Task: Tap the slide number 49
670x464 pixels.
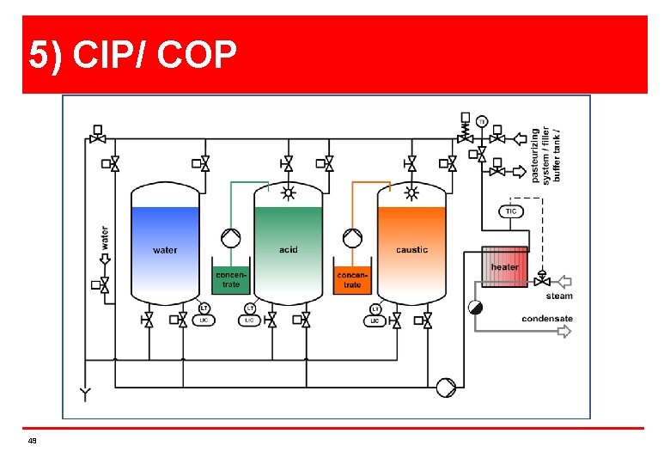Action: [x=32, y=441]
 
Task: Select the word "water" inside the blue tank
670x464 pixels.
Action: [x=165, y=250]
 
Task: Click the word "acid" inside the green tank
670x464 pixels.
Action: [x=289, y=249]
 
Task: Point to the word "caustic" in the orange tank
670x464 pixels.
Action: [x=411, y=249]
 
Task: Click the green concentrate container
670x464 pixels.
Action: [x=230, y=278]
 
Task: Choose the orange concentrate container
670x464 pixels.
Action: [x=352, y=278]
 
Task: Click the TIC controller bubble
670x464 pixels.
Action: [x=511, y=211]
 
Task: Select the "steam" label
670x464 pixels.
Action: [x=559, y=296]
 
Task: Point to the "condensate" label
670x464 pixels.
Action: [x=547, y=319]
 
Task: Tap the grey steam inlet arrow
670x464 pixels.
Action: [x=563, y=280]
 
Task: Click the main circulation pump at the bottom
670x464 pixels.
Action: [x=446, y=388]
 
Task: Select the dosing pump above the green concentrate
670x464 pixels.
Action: [x=230, y=237]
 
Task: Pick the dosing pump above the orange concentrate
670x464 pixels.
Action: [x=352, y=237]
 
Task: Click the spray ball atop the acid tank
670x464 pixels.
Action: [x=289, y=192]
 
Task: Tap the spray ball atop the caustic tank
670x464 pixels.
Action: [x=411, y=192]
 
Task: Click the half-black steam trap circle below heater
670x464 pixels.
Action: [x=475, y=308]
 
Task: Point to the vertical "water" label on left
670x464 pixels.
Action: [x=105, y=238]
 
